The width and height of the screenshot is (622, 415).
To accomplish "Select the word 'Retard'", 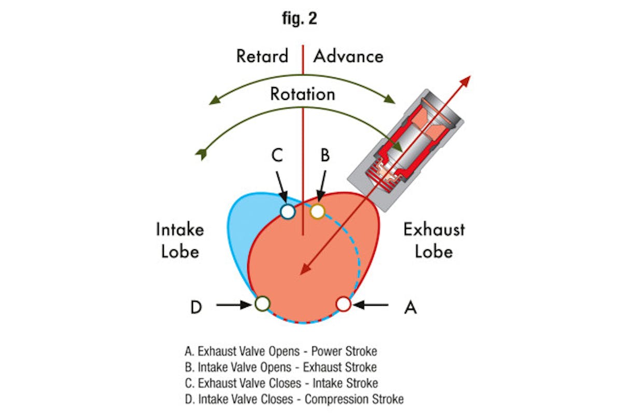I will [x=262, y=56].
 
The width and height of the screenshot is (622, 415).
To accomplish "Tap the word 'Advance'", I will [x=348, y=56].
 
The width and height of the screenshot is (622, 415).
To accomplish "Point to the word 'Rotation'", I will [x=302, y=94].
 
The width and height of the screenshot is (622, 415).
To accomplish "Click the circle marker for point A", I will [x=344, y=304].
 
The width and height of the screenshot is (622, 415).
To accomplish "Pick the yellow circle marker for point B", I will [x=317, y=211].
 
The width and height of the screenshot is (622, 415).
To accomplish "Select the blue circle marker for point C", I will [x=287, y=211].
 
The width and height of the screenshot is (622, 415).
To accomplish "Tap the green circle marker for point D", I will [x=262, y=304].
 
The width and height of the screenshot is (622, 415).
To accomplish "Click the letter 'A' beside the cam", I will [x=410, y=307].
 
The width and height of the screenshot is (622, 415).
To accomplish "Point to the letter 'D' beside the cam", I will [x=195, y=307].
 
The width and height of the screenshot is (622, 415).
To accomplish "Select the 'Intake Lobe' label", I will [x=180, y=240].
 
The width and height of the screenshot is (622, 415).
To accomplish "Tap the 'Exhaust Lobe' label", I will [x=434, y=240].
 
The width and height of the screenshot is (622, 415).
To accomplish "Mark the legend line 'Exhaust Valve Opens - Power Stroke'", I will [x=280, y=351].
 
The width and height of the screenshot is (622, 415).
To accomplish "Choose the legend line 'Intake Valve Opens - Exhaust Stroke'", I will [x=280, y=367].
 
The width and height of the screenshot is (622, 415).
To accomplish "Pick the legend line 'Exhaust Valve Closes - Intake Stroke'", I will [x=281, y=383].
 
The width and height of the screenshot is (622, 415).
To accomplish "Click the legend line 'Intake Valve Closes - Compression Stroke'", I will [x=293, y=399].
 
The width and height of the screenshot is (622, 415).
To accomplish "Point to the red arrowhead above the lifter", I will [x=465, y=81].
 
